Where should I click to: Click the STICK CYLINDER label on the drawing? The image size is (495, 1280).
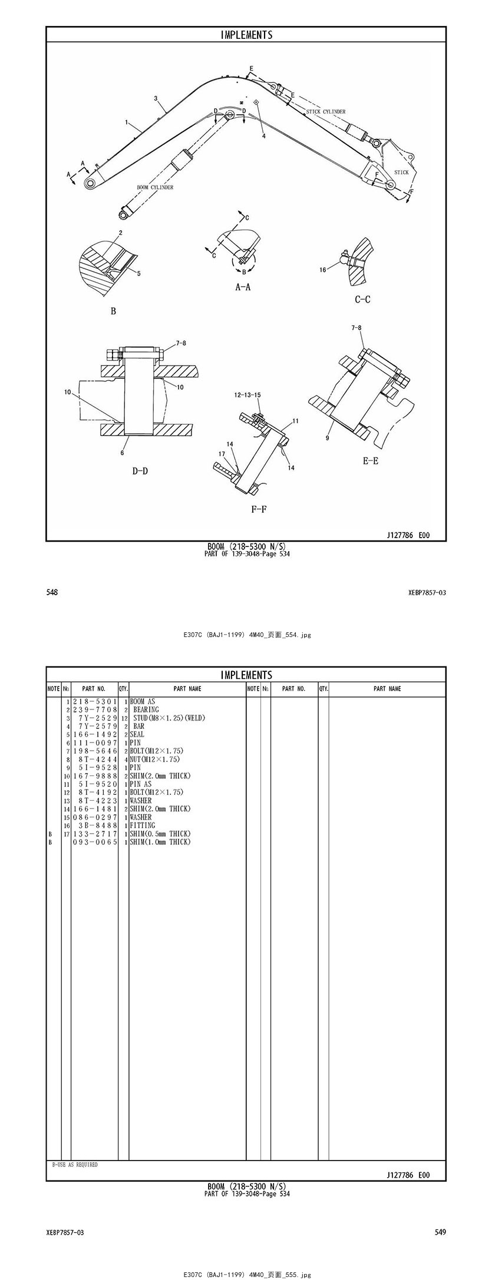click(x=326, y=111)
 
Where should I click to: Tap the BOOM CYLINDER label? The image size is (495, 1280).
click(x=155, y=187)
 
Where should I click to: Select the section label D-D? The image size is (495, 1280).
click(x=140, y=470)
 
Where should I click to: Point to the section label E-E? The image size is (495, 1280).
click(x=371, y=461)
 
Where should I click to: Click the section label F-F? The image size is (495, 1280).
click(x=259, y=509)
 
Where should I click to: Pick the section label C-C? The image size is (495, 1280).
click(x=362, y=299)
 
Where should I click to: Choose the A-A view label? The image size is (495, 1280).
click(x=243, y=287)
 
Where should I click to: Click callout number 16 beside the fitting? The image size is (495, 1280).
click(x=323, y=270)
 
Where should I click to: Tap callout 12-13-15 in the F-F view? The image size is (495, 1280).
click(x=248, y=394)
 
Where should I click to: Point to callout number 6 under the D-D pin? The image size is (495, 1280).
click(x=123, y=453)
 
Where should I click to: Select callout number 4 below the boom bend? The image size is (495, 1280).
click(x=264, y=136)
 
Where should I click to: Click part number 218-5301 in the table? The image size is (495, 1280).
click(x=95, y=702)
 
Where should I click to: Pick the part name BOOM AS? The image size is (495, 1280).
click(x=143, y=702)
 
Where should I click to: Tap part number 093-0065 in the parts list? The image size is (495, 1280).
click(x=95, y=842)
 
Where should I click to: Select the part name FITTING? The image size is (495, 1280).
click(x=143, y=825)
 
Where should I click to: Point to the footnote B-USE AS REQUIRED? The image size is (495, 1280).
click(x=75, y=1165)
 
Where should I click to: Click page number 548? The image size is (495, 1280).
click(x=52, y=592)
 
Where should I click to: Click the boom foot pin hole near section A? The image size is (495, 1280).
click(x=91, y=184)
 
